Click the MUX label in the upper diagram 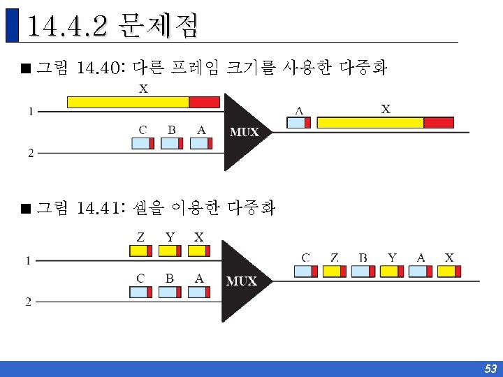[x=245, y=132]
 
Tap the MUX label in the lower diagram [x=242, y=281]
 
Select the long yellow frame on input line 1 [x=128, y=102]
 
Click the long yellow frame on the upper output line [x=371, y=123]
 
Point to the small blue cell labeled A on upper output [x=297, y=123]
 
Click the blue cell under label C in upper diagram [x=140, y=143]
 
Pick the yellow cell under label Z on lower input [x=139, y=251]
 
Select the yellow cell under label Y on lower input [x=168, y=251]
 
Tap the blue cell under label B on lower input [x=168, y=292]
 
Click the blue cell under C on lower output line [x=303, y=271]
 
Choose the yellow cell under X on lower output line [x=446, y=271]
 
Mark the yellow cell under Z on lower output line [x=332, y=271]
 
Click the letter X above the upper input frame [x=143, y=89]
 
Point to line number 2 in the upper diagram [x=30, y=154]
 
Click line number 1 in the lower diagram [x=27, y=260]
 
